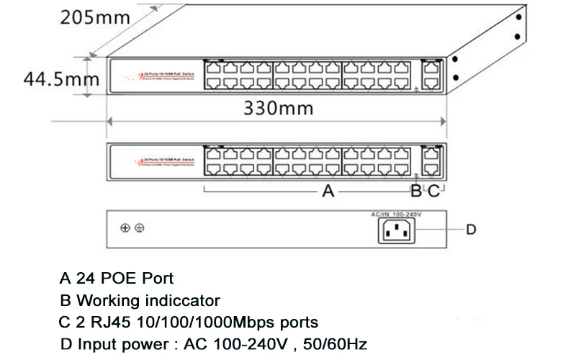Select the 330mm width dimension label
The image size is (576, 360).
tap(277, 109)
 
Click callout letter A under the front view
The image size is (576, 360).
tap(328, 192)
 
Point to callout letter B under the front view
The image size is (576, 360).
tap(415, 192)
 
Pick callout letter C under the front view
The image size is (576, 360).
tap(433, 192)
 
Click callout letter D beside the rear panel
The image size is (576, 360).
tap(471, 230)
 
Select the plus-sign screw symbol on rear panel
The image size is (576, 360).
tap(125, 228)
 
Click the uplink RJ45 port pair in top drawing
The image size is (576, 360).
tap(433, 73)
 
